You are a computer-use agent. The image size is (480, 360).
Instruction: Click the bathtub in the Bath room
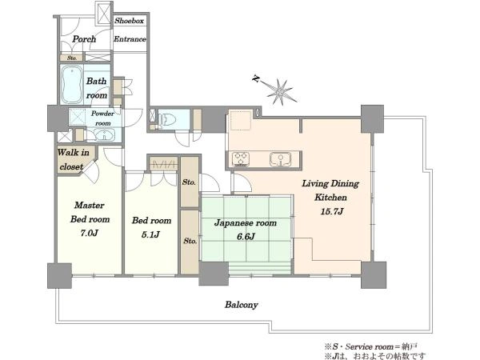pyautogui.click(x=72, y=85)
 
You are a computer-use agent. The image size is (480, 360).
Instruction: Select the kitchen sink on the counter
pyautogui.click(x=280, y=159)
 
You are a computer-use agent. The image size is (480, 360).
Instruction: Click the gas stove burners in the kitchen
pyautogui.click(x=241, y=159)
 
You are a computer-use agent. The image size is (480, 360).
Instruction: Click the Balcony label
pyautogui.click(x=242, y=305)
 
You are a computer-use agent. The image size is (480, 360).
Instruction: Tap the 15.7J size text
pyautogui.click(x=331, y=211)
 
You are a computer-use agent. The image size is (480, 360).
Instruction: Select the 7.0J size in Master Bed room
pyautogui.click(x=89, y=233)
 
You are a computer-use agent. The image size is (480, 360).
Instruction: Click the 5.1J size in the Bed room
pyautogui.click(x=150, y=234)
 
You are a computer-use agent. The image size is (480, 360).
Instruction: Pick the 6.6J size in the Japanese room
pyautogui.click(x=246, y=236)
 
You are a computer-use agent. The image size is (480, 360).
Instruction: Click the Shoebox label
pyautogui.click(x=129, y=21)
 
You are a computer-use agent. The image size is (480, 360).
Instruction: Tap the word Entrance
pyautogui.click(x=130, y=39)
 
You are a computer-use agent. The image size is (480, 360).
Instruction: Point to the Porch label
pyautogui.click(x=84, y=39)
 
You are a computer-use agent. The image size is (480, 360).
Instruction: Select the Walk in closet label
pyautogui.click(x=73, y=159)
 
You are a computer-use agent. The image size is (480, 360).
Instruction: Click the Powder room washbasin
pyautogui.click(x=104, y=134)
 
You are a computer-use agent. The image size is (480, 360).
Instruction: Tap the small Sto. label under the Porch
pyautogui.click(x=72, y=58)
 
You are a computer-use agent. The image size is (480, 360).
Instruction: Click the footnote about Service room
pyautogui.click(x=370, y=346)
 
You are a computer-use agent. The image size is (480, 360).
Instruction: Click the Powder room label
pyautogui.click(x=102, y=118)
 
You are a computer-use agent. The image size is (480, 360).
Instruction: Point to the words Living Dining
pyautogui.click(x=330, y=183)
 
